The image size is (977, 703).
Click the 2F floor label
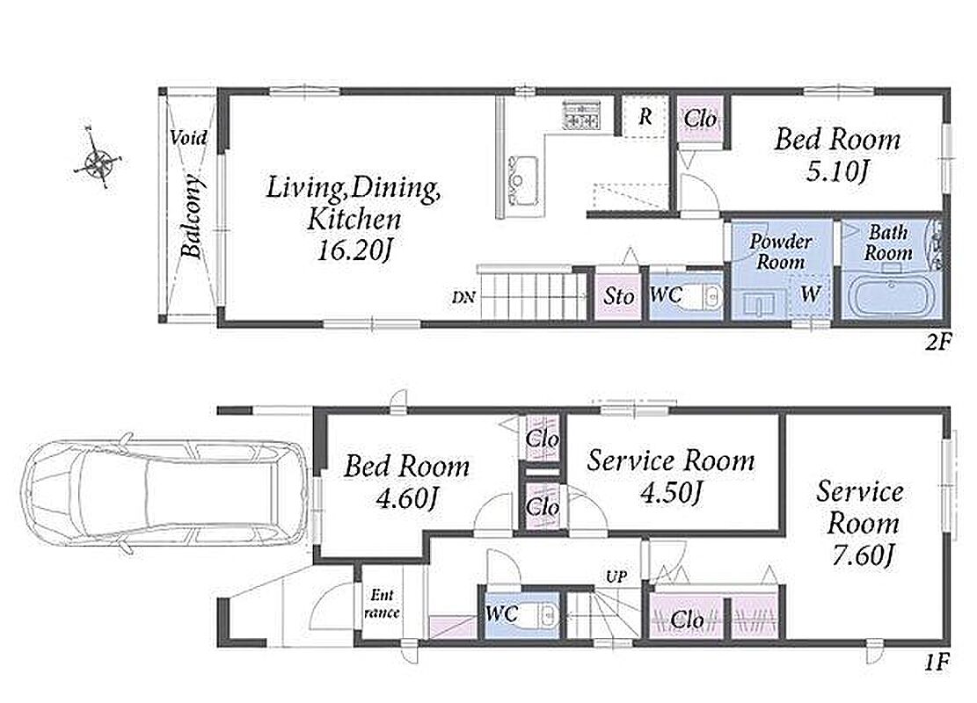[x=937, y=342]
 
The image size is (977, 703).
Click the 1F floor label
[x=937, y=662]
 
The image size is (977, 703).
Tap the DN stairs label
[x=463, y=298]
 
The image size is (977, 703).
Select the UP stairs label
[x=616, y=577]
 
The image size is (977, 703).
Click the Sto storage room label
[x=619, y=296]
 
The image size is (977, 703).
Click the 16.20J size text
[x=354, y=250]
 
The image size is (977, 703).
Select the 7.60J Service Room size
[x=864, y=554]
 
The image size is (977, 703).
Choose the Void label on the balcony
[x=188, y=137]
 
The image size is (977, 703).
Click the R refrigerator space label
[x=645, y=116]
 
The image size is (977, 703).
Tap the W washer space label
[x=809, y=293]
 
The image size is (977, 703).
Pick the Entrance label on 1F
[x=382, y=604]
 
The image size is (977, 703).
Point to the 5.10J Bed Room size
[x=837, y=170]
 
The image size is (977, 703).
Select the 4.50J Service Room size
[x=672, y=492]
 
